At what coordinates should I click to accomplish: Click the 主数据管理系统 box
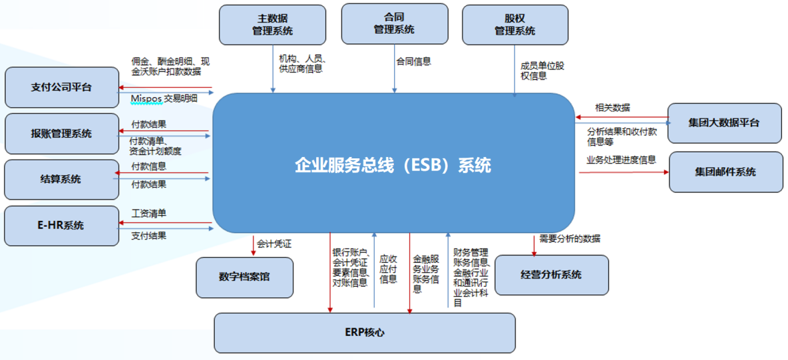272,25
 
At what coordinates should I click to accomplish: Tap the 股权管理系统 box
514,25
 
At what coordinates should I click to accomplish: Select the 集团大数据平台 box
724,123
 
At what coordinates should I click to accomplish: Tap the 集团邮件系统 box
725,172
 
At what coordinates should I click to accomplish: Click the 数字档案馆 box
244,277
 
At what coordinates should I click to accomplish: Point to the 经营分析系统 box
552,275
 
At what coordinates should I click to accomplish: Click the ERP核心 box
364,333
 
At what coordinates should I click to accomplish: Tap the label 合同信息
413,62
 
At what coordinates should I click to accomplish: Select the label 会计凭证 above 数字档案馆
274,244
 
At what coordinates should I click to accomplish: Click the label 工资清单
148,214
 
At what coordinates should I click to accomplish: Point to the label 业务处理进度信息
620,160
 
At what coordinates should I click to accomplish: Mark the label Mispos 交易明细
164,98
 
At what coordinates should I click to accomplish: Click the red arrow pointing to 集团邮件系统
623,172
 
